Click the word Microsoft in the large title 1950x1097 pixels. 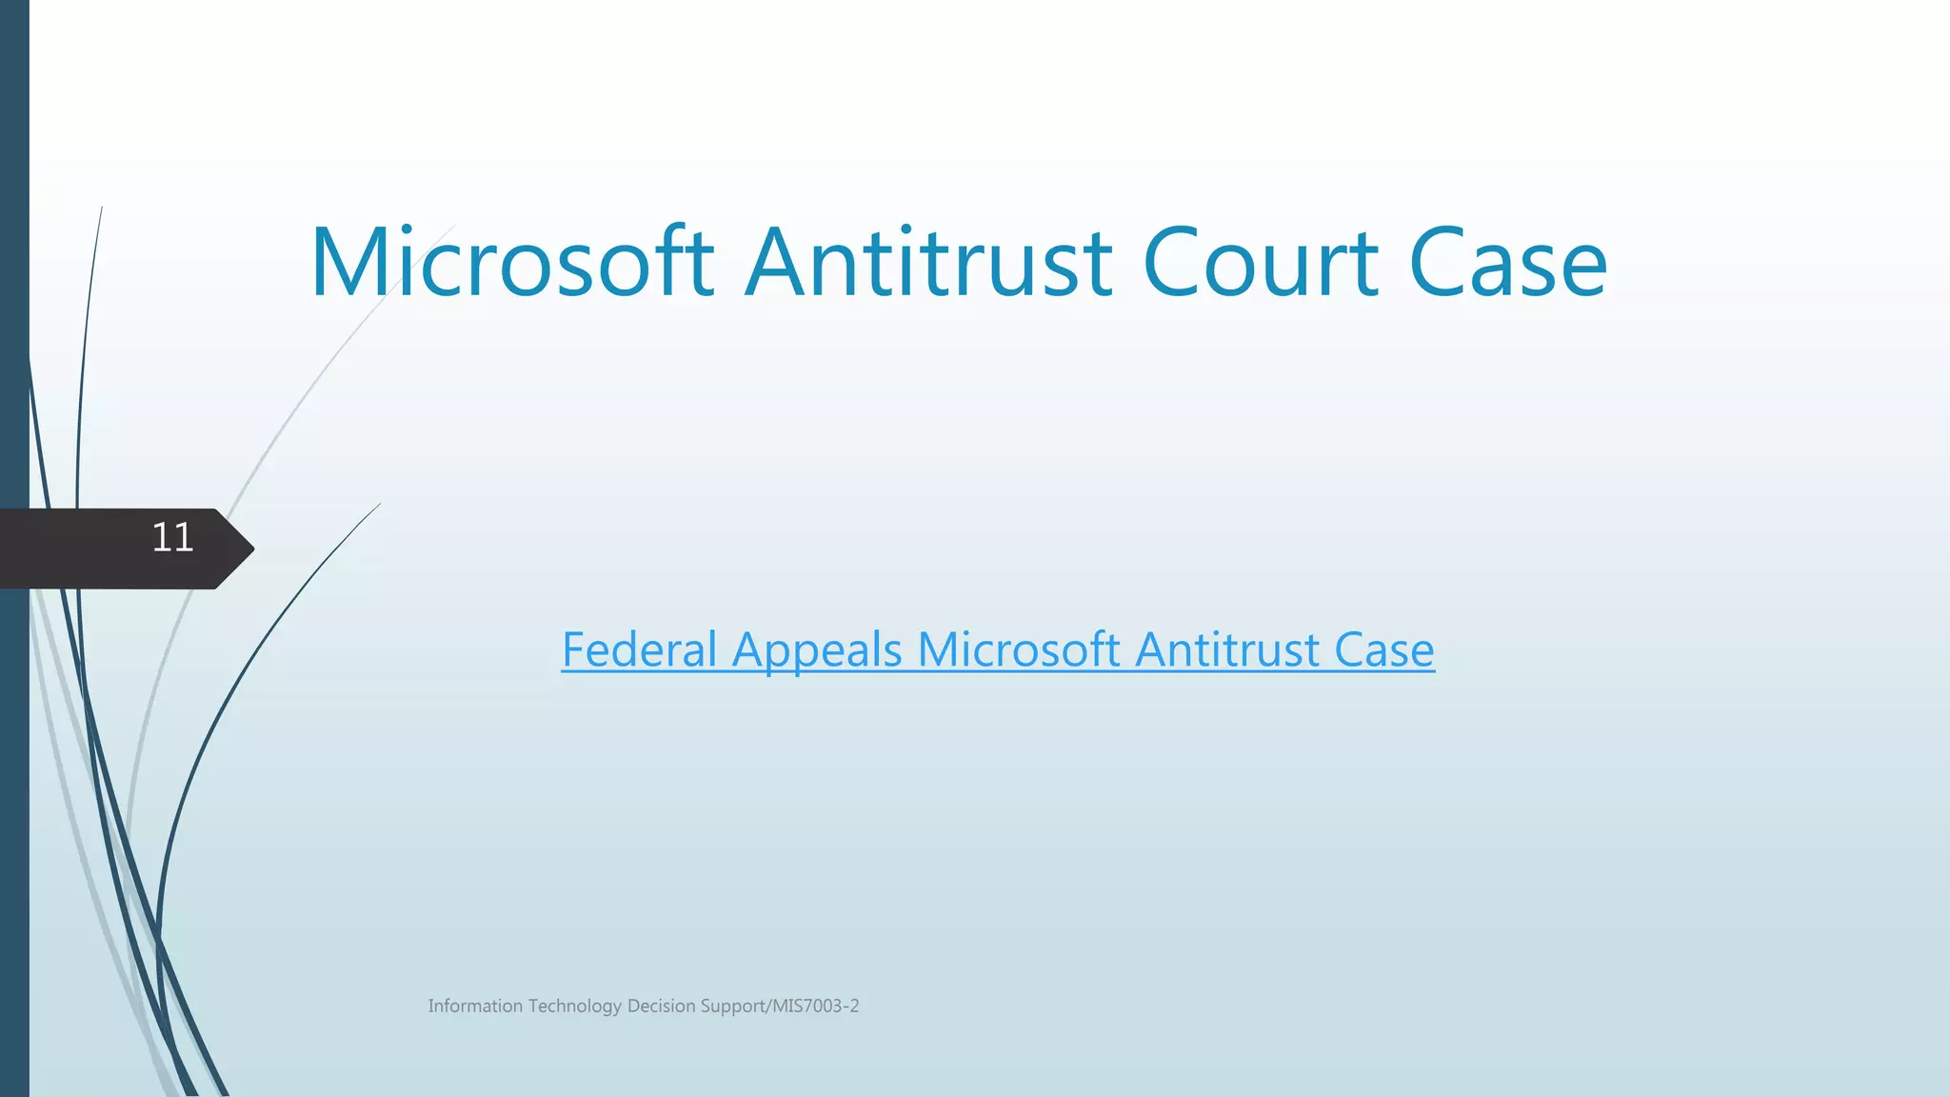tap(512, 263)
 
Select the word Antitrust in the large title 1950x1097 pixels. tap(928, 263)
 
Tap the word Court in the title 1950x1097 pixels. tap(1260, 263)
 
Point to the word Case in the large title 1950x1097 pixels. tap(1508, 263)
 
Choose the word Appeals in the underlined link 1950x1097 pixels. tap(817, 650)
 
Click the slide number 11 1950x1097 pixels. tap(172, 538)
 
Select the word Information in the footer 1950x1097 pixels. tap(475, 1007)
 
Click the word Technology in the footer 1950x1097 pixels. tap(575, 1007)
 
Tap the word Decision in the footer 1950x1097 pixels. tap(661, 1007)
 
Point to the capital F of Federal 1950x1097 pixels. tap(573, 650)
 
